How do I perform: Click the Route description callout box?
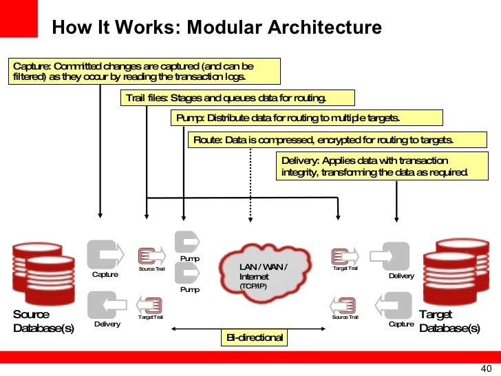[x=323, y=140]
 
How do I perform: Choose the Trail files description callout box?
[x=237, y=98]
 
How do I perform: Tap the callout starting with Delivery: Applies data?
[x=375, y=166]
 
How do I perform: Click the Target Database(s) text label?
[x=449, y=321]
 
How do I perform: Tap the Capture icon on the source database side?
[x=103, y=255]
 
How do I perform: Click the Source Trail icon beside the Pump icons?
[x=151, y=256]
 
